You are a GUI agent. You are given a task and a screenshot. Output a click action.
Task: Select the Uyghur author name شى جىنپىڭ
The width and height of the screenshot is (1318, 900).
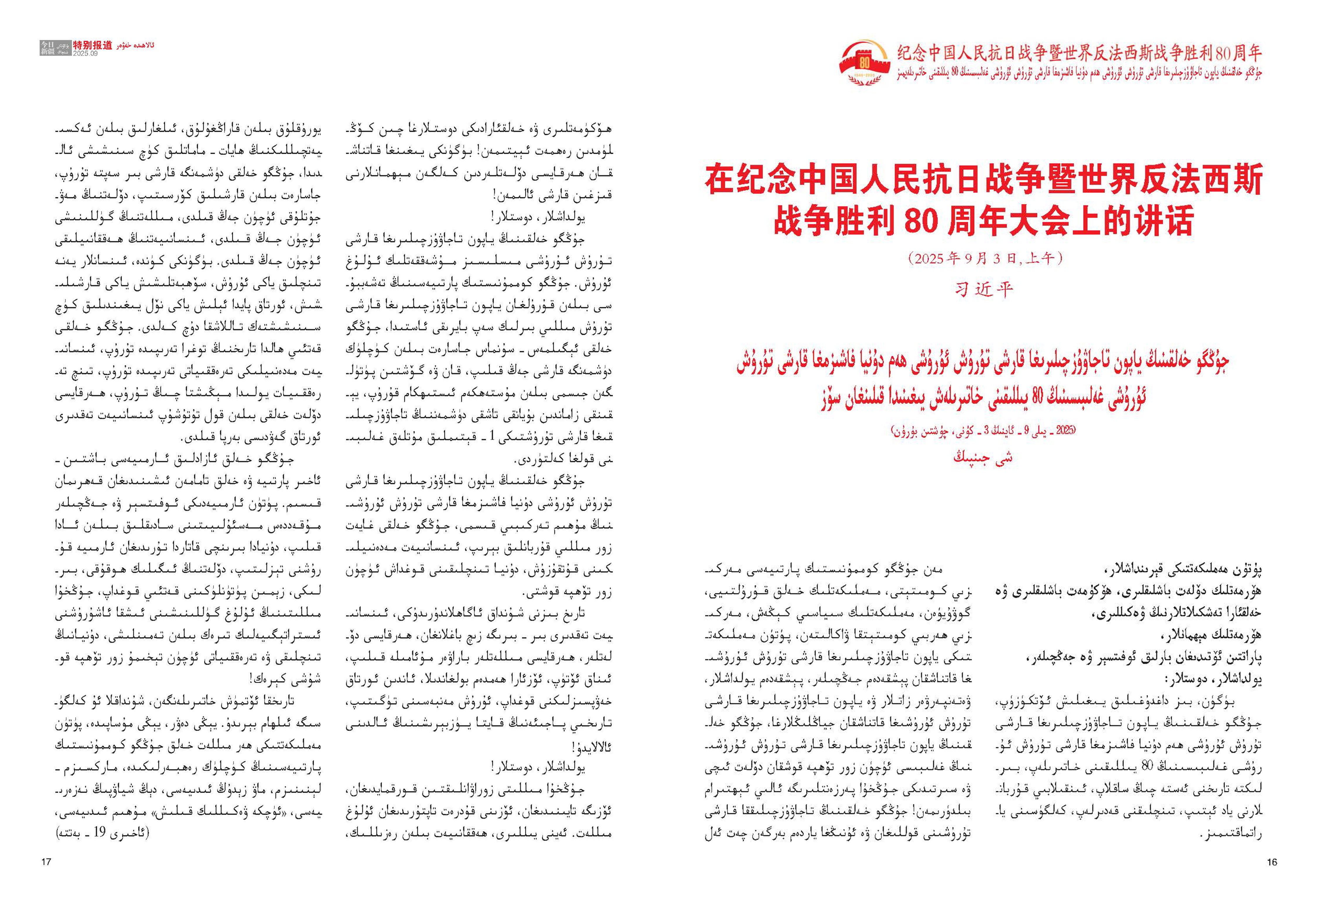[x=983, y=457]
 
